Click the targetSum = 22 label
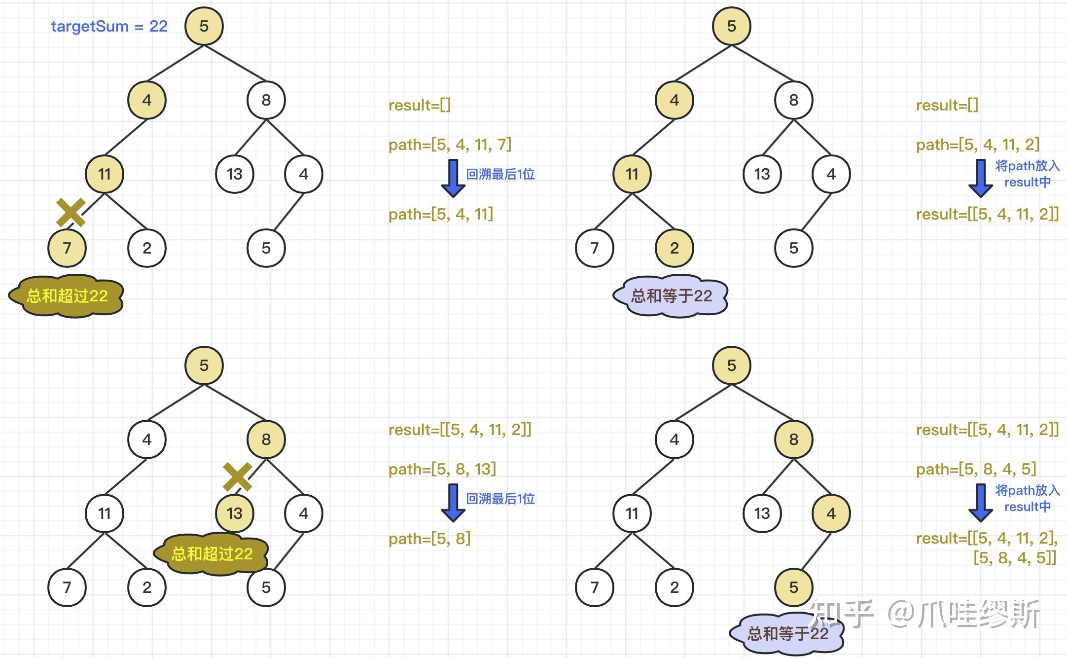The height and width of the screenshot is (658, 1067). coord(109,26)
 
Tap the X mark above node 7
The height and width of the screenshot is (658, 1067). coord(71,212)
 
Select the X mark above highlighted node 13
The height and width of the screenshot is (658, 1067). coord(237,477)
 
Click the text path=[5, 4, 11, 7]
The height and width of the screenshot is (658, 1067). coord(450,145)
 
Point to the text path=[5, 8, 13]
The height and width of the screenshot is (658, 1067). coord(442,469)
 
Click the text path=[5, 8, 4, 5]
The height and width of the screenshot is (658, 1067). coord(976,469)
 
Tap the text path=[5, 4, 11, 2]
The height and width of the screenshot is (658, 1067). coord(977,145)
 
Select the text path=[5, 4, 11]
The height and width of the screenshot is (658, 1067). coord(440,214)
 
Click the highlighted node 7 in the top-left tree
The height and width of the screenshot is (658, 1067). coord(67,248)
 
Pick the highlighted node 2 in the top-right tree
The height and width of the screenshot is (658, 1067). coord(674,248)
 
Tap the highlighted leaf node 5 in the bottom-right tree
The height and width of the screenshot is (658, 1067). coord(793,587)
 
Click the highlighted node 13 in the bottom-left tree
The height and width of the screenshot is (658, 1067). coord(235,513)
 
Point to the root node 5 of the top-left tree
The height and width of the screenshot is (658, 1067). coord(204,26)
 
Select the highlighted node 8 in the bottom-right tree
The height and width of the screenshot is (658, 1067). coord(793,439)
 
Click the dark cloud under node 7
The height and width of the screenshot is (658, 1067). coord(67,296)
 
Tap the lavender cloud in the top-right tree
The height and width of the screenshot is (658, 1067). coord(671,296)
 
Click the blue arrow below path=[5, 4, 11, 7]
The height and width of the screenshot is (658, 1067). coord(453,178)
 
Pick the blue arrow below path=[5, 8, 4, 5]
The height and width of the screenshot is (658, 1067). coord(980,503)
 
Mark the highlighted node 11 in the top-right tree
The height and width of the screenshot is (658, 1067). coord(632,174)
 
